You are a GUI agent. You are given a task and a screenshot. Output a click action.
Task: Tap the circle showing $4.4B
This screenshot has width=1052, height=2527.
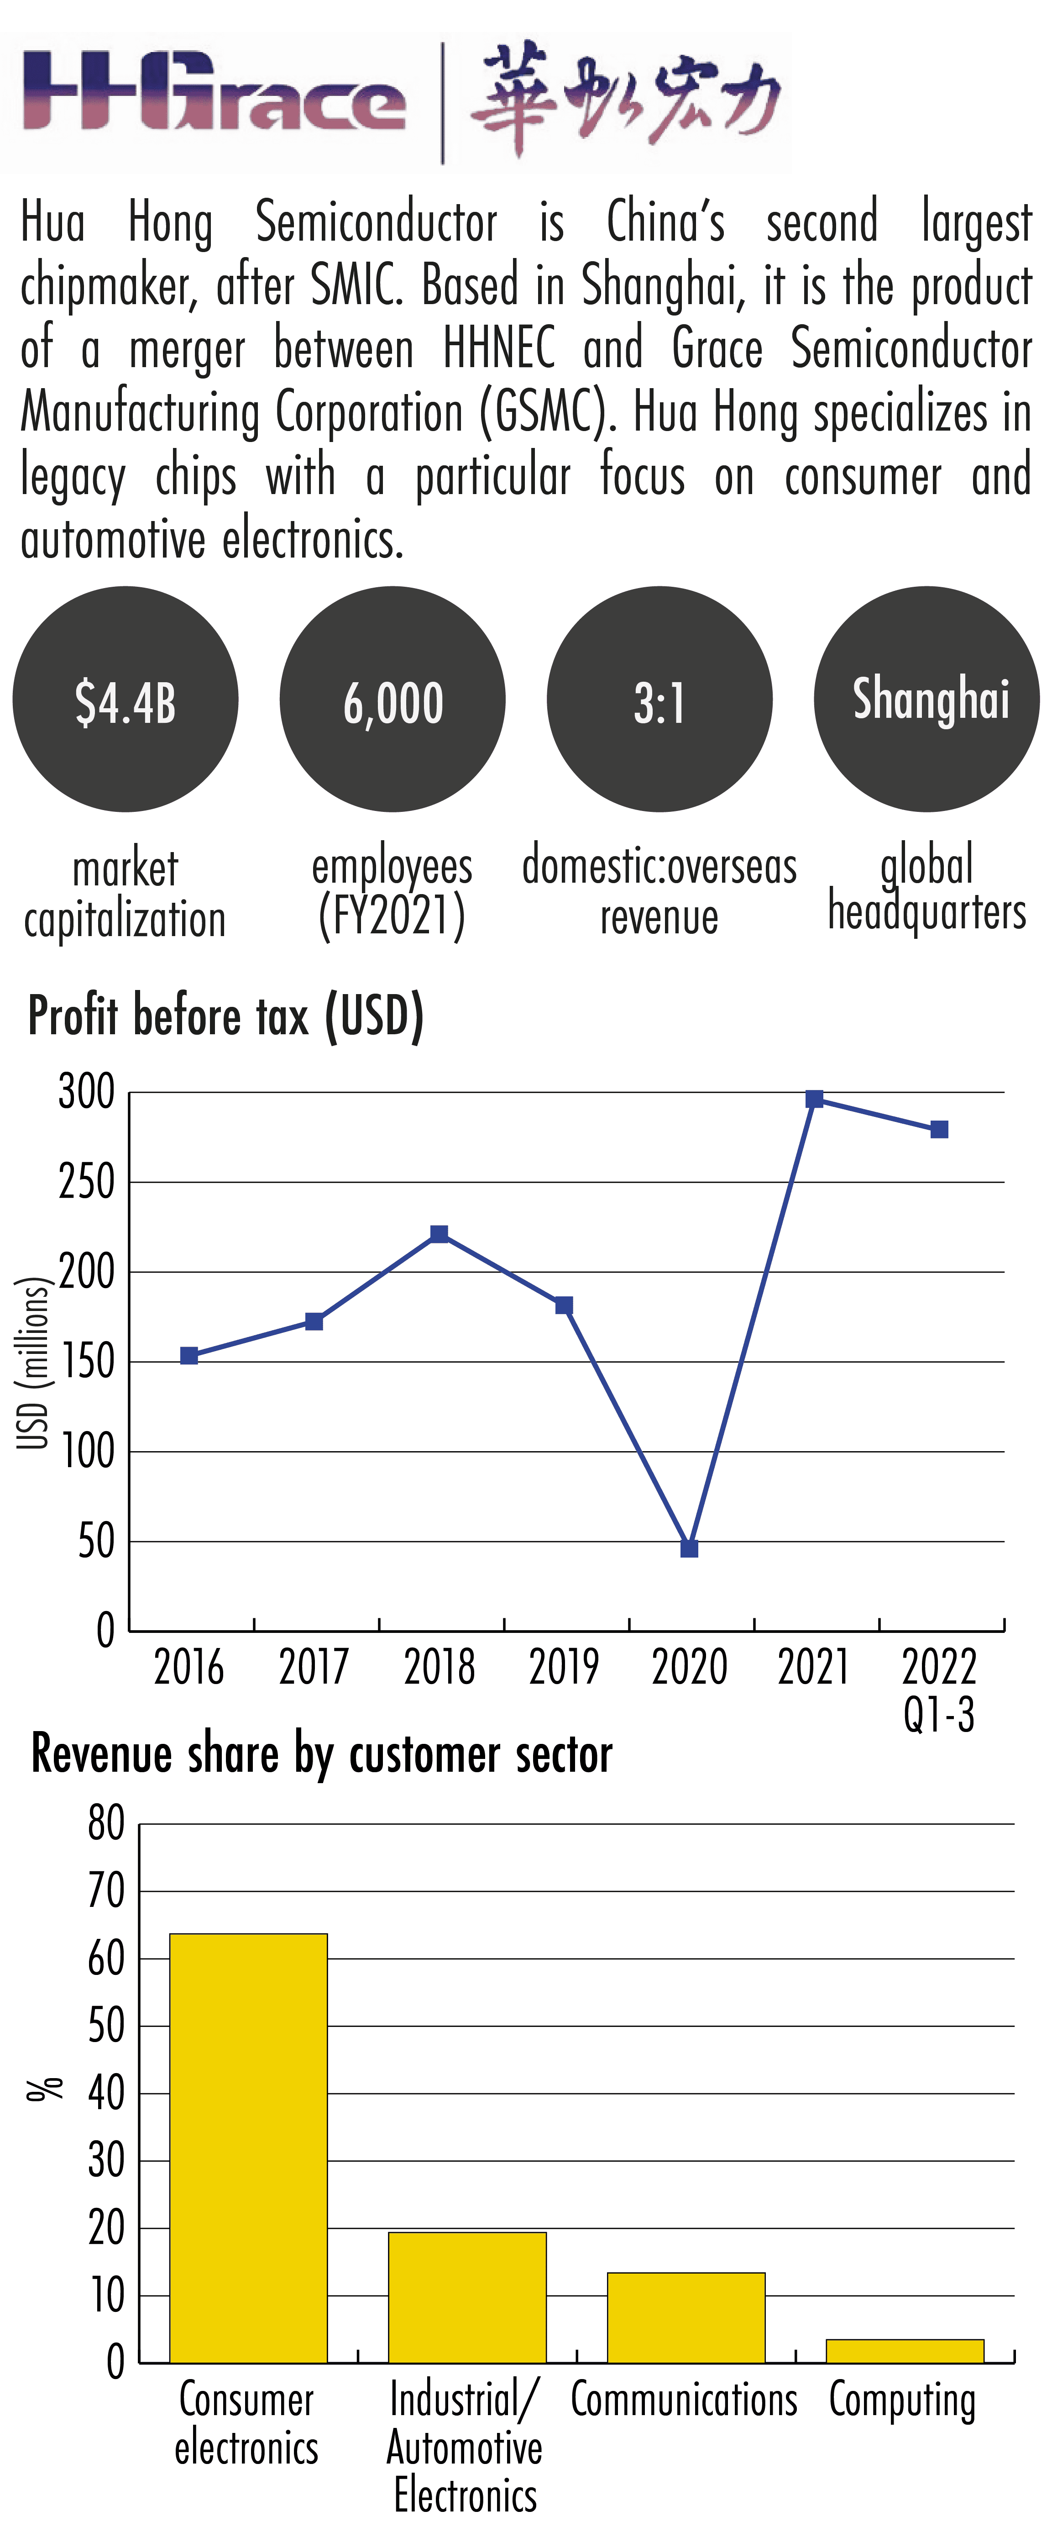(x=126, y=700)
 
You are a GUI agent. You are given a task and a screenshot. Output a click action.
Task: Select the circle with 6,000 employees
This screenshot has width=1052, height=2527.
(x=392, y=700)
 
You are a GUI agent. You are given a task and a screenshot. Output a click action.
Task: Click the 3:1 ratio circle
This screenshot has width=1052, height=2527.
(x=659, y=700)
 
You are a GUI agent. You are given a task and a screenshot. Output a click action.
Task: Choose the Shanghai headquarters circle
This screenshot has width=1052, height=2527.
(x=926, y=700)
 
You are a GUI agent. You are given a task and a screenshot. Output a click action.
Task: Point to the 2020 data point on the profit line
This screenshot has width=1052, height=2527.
(x=689, y=1548)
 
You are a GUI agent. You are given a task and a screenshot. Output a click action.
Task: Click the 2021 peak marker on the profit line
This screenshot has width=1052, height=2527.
(x=814, y=1099)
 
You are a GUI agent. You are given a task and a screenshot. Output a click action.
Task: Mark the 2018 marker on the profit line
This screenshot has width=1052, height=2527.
(x=439, y=1233)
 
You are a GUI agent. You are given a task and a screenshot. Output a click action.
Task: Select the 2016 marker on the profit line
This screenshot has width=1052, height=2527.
(x=189, y=1356)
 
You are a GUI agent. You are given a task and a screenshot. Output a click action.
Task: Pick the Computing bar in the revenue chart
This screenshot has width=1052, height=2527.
(x=904, y=2350)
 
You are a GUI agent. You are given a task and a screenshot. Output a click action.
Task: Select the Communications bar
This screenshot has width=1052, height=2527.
(x=686, y=2317)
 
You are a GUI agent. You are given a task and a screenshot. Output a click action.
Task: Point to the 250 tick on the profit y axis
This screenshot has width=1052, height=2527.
(x=86, y=1182)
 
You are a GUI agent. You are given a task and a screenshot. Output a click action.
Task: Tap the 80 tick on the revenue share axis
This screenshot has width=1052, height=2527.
(x=106, y=1824)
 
